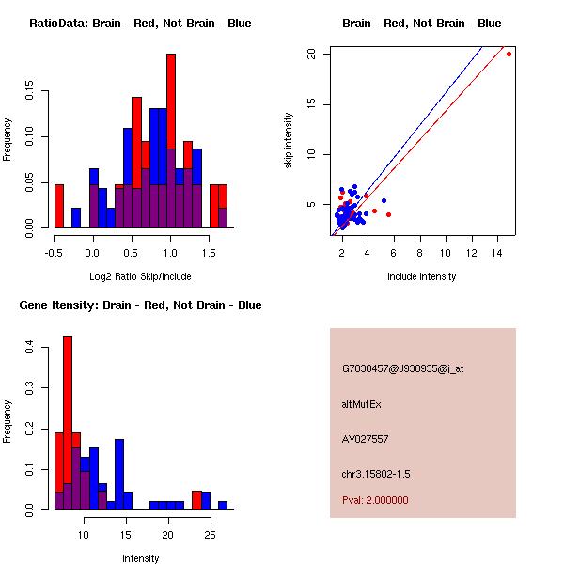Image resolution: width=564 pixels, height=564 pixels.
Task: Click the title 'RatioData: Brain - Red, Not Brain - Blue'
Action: click(140, 23)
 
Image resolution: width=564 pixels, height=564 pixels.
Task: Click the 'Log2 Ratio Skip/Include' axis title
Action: click(140, 276)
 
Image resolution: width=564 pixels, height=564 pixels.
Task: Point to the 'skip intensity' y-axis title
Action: click(289, 141)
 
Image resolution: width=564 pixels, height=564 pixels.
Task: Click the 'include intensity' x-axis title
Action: click(422, 276)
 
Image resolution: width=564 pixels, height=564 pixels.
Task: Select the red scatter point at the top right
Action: click(509, 54)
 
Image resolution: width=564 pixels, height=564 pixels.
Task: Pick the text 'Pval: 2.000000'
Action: click(375, 500)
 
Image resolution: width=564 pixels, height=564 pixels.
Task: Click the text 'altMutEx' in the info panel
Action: click(362, 404)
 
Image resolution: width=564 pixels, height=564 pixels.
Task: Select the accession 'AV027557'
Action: click(366, 439)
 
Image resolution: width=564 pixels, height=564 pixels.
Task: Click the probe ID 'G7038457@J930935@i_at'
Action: click(403, 368)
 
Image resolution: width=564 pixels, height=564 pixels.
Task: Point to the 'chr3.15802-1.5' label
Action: click(376, 473)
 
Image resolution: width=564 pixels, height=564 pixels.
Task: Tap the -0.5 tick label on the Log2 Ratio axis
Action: click(55, 253)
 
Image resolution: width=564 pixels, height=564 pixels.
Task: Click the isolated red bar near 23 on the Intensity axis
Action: click(196, 500)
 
